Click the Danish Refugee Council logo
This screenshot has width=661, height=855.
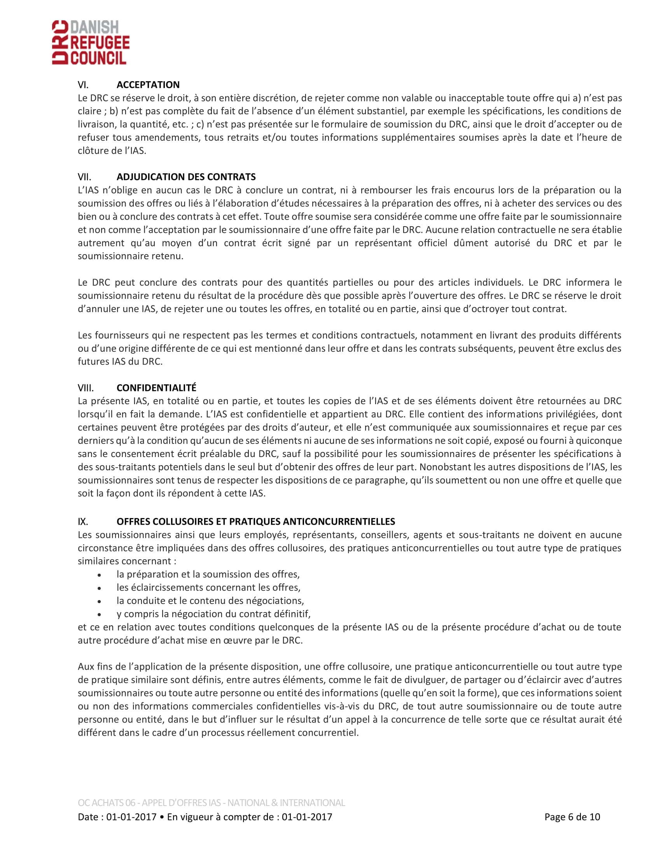91,42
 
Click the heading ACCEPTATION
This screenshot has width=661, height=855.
148,85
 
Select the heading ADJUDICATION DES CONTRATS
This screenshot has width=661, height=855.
186,177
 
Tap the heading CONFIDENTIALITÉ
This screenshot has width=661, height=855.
157,388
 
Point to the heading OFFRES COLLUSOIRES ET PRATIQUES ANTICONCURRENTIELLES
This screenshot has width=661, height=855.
256,522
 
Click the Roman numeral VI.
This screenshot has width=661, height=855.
83,85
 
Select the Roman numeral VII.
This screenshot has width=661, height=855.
84,177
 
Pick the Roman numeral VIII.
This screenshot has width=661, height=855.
86,388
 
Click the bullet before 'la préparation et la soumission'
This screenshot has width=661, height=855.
100,575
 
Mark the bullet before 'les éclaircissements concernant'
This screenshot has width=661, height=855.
100,588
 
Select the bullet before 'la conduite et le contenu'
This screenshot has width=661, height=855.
100,601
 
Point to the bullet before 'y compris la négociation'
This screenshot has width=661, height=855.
100,615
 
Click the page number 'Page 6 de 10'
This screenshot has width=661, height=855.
572,817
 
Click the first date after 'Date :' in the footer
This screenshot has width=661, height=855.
131,817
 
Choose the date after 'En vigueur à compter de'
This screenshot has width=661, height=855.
307,817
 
